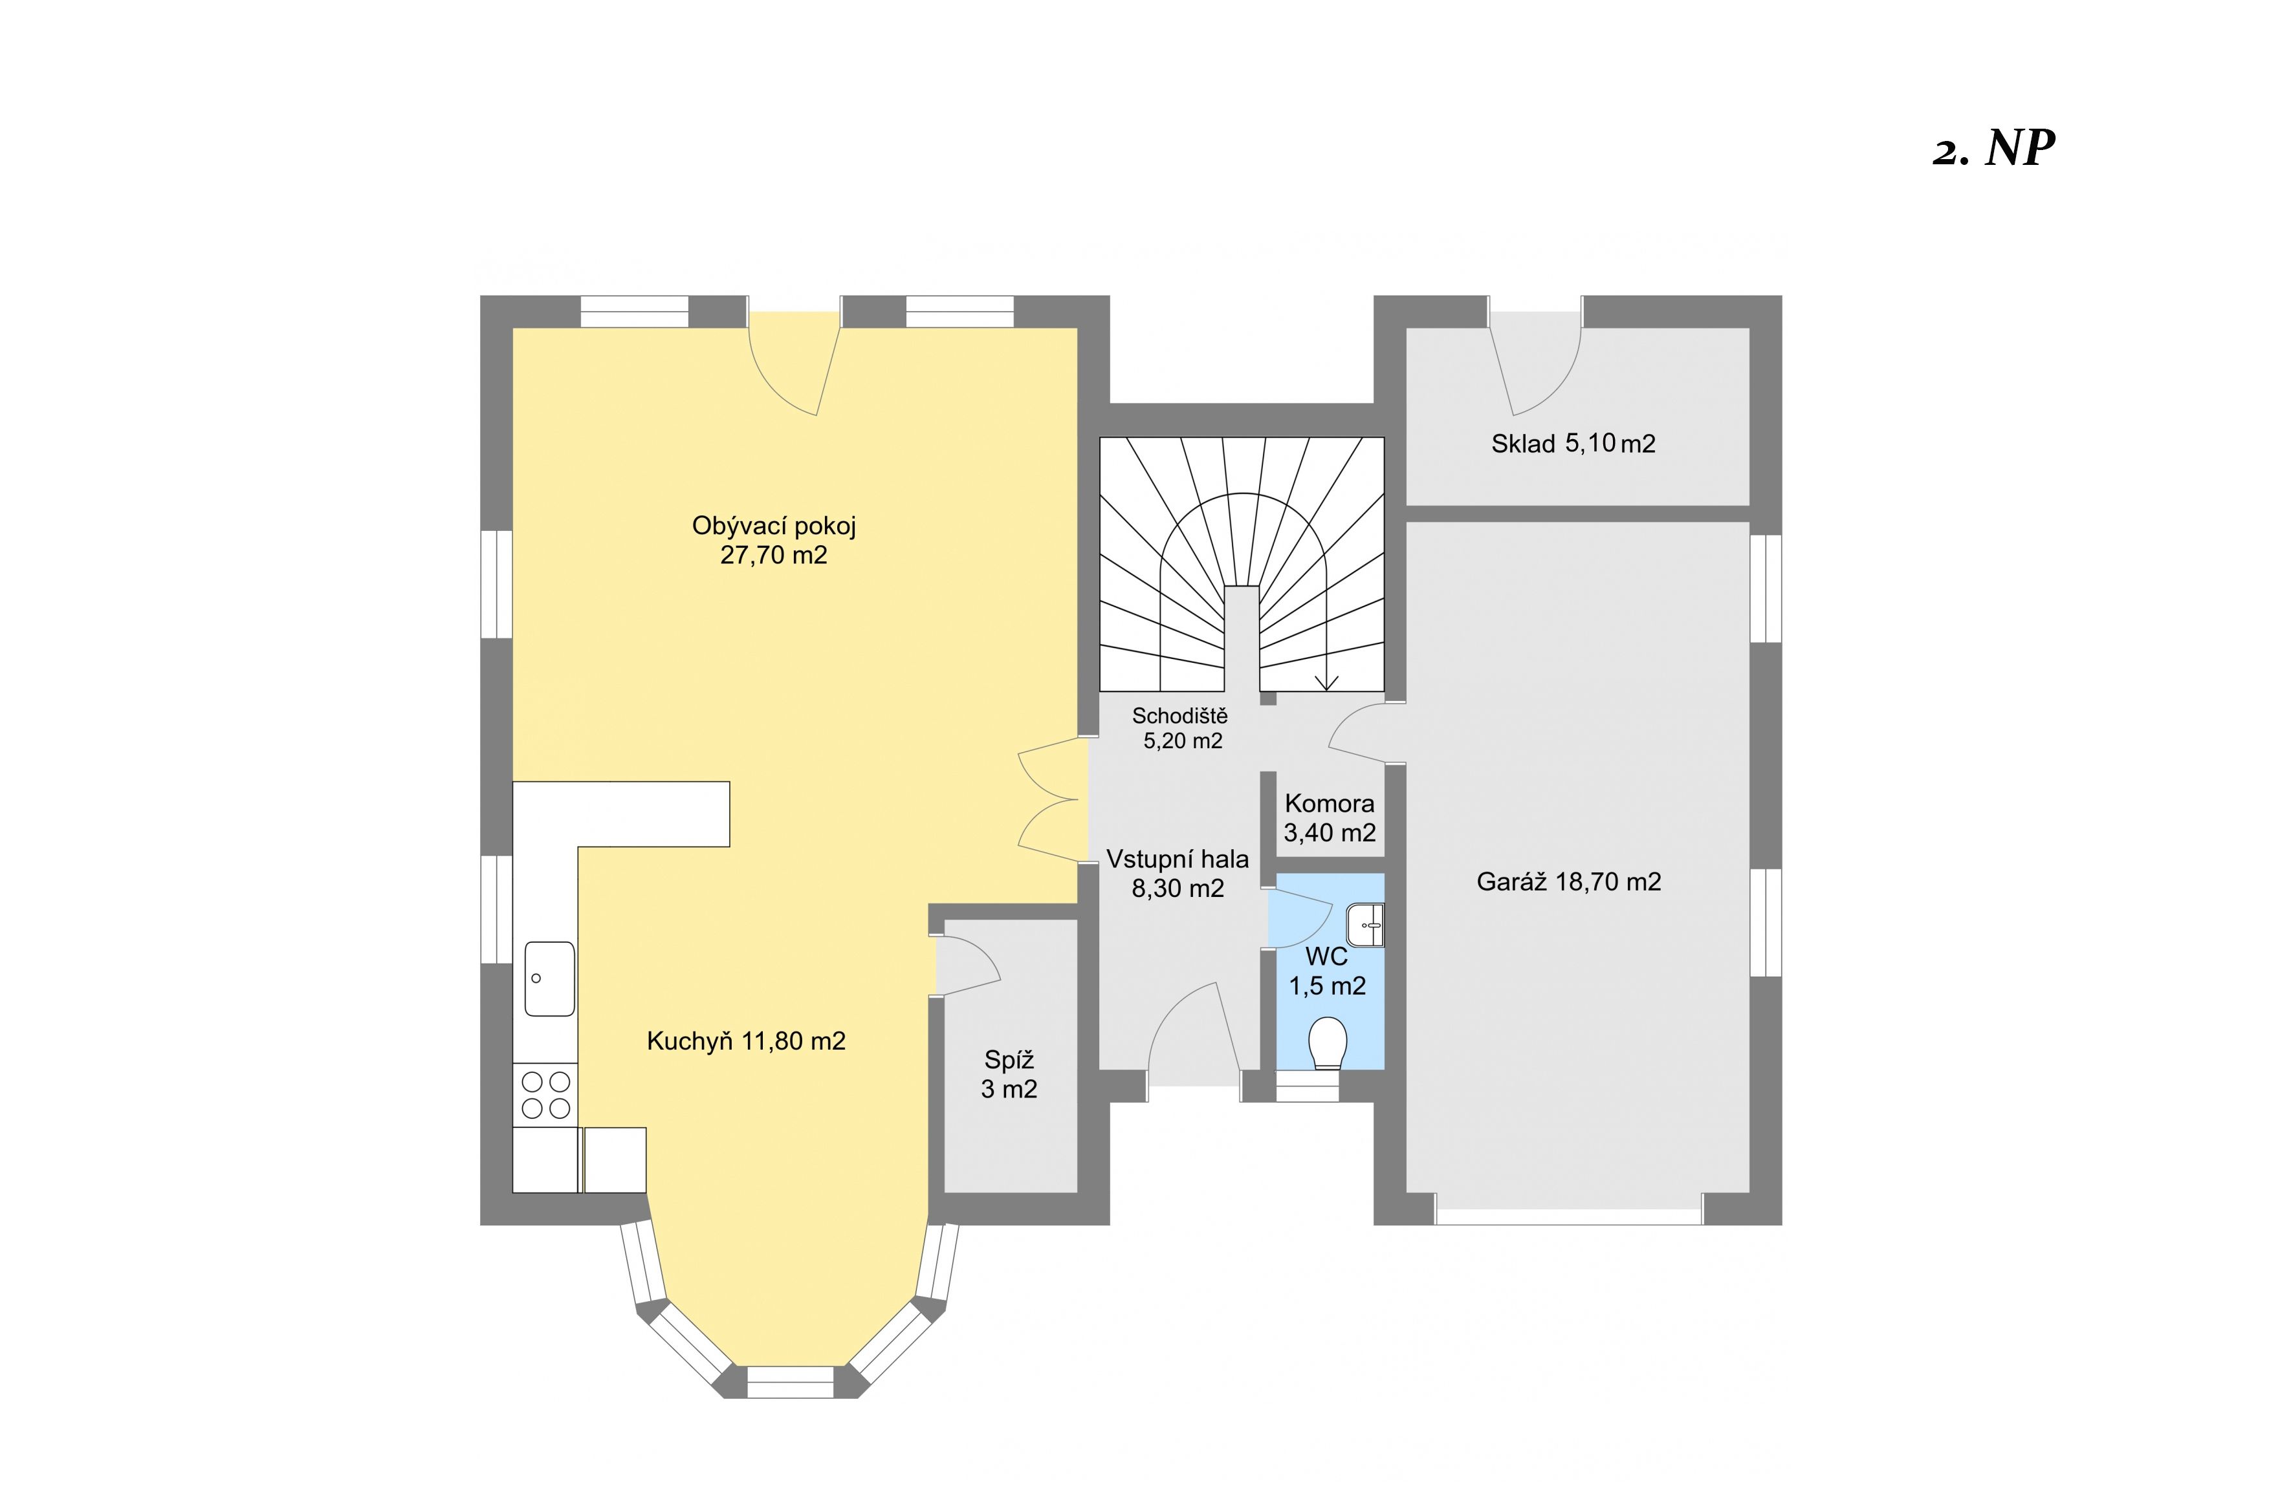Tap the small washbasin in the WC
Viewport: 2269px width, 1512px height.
click(x=1365, y=925)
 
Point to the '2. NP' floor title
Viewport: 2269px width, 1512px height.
click(x=1993, y=149)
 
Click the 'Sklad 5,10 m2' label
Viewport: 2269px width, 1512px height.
click(x=1573, y=444)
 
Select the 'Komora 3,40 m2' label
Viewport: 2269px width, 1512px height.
click(x=1330, y=817)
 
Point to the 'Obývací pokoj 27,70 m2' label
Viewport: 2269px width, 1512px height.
click(x=774, y=540)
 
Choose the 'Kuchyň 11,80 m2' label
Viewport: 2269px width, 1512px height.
click(x=746, y=1041)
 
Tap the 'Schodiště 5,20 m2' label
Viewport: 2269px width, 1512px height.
click(x=1181, y=728)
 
